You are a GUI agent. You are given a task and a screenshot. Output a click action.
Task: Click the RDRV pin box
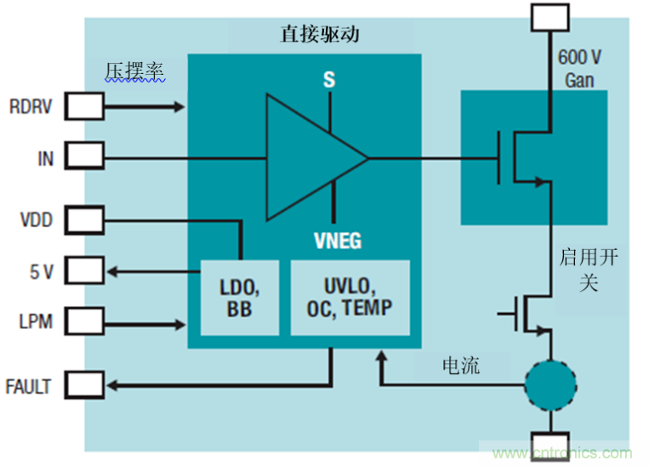(x=84, y=106)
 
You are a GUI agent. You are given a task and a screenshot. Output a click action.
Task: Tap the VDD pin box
(x=84, y=221)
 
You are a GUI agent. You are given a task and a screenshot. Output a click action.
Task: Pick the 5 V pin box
(x=84, y=272)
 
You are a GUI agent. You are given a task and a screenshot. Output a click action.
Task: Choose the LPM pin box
(x=84, y=322)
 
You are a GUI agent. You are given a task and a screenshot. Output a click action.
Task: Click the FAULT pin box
(x=84, y=387)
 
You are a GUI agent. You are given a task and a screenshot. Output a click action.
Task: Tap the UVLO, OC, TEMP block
(x=350, y=298)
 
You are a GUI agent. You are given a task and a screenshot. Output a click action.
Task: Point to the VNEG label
(x=336, y=241)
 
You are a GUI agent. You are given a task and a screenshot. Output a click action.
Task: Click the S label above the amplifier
(x=328, y=80)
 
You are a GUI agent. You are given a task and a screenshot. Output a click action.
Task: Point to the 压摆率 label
(x=134, y=71)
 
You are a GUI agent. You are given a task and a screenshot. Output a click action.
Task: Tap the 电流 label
(x=461, y=366)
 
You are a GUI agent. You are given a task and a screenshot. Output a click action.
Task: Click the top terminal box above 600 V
(x=549, y=16)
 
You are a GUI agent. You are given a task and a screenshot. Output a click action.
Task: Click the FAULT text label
(x=28, y=388)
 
